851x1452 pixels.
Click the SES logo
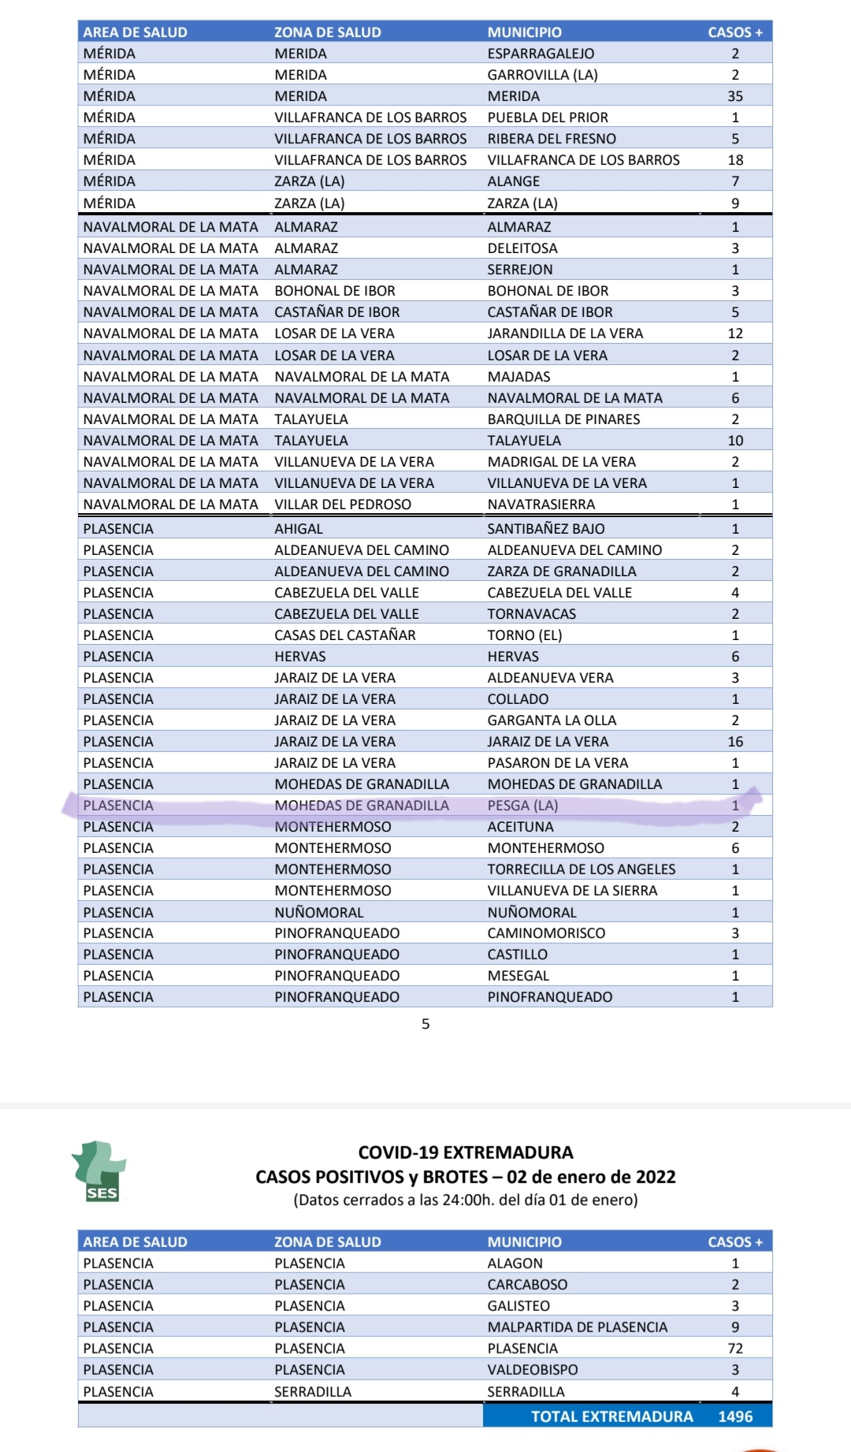pos(99,1171)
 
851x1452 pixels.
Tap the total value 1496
pos(735,1416)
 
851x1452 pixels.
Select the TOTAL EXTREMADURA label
pos(611,1416)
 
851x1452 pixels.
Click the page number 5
pos(425,1024)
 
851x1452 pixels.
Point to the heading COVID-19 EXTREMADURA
pos(466,1152)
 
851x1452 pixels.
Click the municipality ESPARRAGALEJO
pos(541,54)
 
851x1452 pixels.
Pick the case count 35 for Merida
pos(735,96)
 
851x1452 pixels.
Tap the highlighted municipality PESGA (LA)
pos(522,806)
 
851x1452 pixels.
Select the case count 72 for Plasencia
pos(735,1348)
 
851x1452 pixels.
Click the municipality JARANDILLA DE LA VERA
pos(565,333)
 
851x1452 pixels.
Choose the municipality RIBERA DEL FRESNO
pos(552,139)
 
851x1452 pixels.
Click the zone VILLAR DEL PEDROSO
pos(343,504)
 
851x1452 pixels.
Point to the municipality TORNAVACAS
pos(531,614)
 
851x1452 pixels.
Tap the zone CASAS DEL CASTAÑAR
pos(344,635)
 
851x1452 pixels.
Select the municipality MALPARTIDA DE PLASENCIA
pos(577,1327)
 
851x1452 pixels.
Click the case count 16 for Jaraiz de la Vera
pos(735,742)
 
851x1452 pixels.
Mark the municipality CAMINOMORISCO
pos(546,933)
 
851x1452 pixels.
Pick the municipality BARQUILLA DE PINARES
pos(563,419)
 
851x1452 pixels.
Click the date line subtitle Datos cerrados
pos(465,1200)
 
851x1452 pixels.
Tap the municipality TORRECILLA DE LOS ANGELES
pos(581,869)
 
